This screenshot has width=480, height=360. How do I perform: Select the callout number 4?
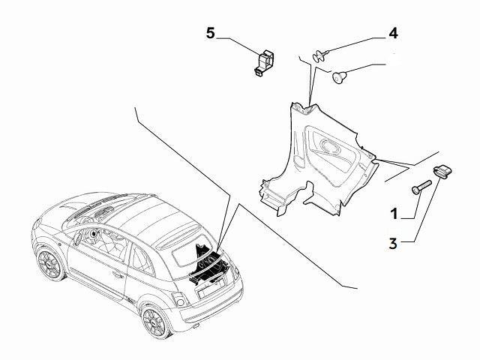click(392, 33)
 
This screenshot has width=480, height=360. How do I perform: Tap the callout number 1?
click(392, 214)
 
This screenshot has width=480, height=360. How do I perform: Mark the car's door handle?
click(117, 275)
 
